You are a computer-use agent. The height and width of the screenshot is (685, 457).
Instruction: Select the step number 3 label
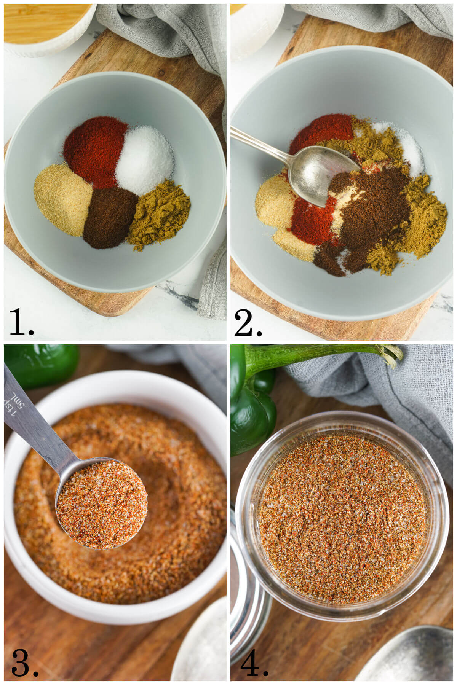[24, 663]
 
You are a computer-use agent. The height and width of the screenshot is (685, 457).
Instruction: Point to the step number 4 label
[253, 663]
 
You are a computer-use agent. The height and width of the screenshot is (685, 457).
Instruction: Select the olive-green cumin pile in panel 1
[159, 215]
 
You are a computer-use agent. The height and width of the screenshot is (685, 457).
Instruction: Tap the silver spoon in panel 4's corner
[411, 658]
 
